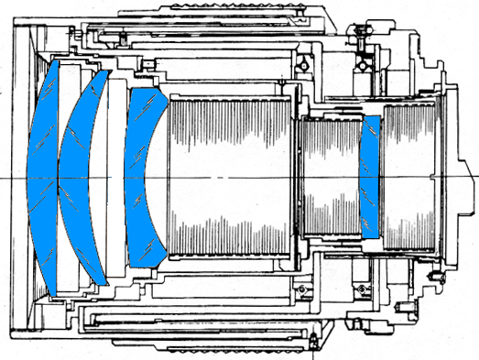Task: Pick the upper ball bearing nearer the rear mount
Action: [368, 65]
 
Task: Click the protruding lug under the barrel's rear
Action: [316, 345]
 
